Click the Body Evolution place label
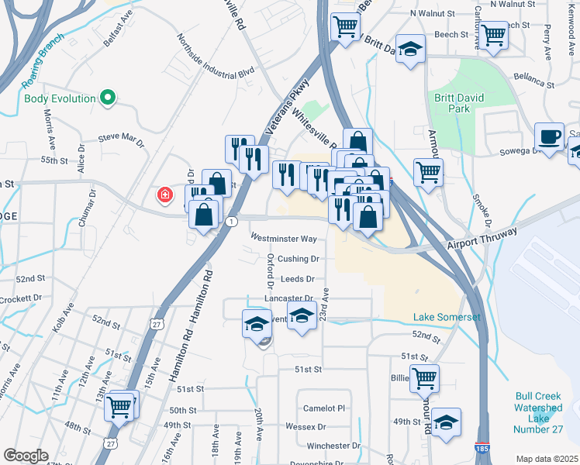click(60, 98)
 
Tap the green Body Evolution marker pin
click(109, 98)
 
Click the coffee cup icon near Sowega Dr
click(550, 136)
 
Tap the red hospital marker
click(164, 195)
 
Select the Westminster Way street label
click(284, 239)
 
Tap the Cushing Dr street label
click(299, 259)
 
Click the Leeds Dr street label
click(298, 279)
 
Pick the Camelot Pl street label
click(323, 408)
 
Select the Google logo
click(26, 455)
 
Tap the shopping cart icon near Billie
click(424, 378)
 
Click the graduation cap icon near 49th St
click(446, 422)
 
